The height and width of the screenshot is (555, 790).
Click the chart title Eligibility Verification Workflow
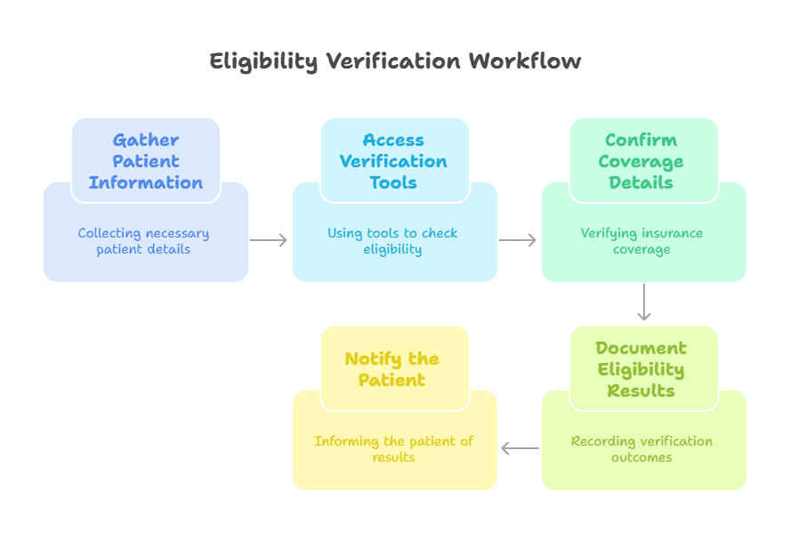[x=395, y=61]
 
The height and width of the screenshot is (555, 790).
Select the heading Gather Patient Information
[x=146, y=161]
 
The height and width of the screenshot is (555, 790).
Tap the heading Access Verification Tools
[x=393, y=161]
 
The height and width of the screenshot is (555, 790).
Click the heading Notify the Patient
[x=392, y=369]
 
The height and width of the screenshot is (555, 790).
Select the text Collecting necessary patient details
[x=143, y=241]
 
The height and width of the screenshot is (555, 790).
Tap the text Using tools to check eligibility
[x=392, y=241]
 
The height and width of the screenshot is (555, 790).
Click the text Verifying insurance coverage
[x=641, y=241]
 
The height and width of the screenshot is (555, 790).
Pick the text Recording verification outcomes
[x=641, y=449]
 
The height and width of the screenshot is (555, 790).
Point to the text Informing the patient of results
[x=393, y=449]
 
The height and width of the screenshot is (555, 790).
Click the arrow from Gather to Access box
[x=269, y=240]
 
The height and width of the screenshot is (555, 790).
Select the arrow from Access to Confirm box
[x=518, y=240]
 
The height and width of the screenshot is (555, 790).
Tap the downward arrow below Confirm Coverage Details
[x=644, y=302]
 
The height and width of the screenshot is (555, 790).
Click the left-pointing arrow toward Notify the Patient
[x=520, y=448]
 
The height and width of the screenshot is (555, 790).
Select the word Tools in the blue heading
[x=393, y=182]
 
